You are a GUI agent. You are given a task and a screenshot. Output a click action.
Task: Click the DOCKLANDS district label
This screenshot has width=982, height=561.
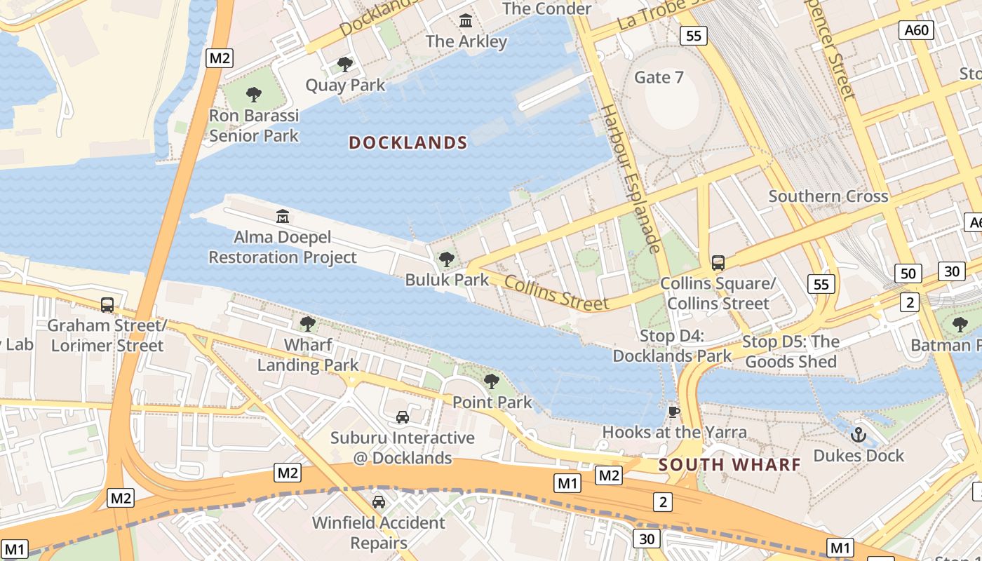click(x=408, y=143)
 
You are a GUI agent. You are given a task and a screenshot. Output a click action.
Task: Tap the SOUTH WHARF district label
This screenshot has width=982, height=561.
click(x=729, y=464)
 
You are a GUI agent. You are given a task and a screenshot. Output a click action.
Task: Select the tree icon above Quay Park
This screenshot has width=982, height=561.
click(x=344, y=65)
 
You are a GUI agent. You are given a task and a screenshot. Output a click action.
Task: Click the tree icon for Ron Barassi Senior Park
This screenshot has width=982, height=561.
click(x=254, y=94)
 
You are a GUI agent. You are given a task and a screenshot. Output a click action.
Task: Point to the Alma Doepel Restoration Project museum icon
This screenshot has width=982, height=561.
click(x=283, y=215)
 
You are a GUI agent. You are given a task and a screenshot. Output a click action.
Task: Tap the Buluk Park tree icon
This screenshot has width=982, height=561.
click(x=446, y=259)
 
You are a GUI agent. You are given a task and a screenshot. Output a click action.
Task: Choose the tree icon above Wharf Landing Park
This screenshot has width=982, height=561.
click(x=307, y=323)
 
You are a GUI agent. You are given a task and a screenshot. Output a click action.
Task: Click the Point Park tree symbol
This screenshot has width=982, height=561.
click(x=492, y=381)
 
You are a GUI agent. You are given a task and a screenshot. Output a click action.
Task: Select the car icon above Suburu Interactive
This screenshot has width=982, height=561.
click(x=403, y=417)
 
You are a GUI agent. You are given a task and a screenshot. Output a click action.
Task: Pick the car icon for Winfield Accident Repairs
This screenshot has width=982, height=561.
click(x=379, y=502)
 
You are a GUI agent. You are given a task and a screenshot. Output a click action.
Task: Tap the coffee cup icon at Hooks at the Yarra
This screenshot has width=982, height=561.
click(x=674, y=412)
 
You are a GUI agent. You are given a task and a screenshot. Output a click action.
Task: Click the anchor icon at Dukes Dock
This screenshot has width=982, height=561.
click(x=859, y=435)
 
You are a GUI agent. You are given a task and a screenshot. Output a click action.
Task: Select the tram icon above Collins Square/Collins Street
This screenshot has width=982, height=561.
click(x=718, y=263)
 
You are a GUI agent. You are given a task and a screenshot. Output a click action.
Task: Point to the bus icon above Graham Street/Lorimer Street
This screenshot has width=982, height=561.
click(x=107, y=305)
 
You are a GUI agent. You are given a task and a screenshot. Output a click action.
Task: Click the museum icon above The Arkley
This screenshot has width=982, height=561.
click(x=466, y=21)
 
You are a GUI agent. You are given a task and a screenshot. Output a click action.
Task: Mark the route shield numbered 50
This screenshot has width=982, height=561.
click(x=908, y=273)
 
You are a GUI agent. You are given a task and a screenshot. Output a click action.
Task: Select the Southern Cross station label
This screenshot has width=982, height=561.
click(x=828, y=196)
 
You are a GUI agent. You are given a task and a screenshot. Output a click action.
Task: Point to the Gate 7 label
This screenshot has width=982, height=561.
click(x=659, y=77)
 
